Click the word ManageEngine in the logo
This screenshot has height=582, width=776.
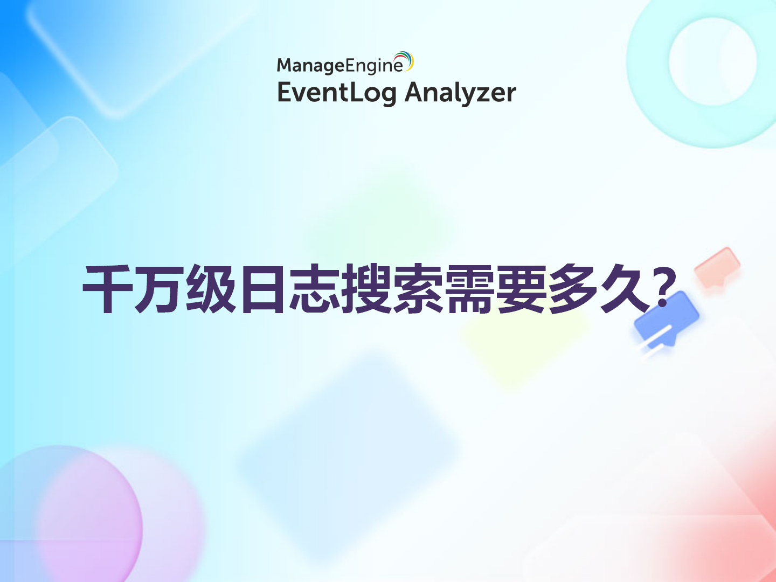339,66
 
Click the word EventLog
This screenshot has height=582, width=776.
337,93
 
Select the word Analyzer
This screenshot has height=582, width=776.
460,93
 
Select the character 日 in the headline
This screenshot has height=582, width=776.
262,289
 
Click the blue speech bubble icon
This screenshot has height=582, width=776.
667,320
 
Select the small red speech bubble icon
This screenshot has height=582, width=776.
717,267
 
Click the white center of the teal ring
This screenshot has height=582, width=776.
712,61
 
